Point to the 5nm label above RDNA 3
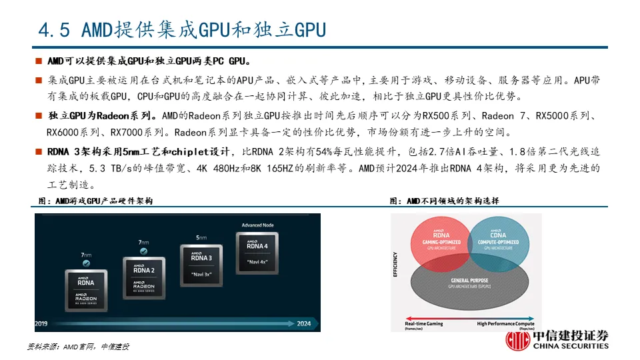pyautogui.click(x=201, y=237)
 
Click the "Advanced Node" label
pyautogui.click(x=257, y=225)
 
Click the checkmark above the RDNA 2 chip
pyautogui.click(x=143, y=251)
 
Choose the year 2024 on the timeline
pyautogui.click(x=304, y=324)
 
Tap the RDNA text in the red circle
pyautogui.click(x=441, y=234)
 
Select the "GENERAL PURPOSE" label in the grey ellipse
pyautogui.click(x=469, y=281)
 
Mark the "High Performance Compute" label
pyautogui.click(x=507, y=323)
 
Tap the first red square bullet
pyautogui.click(x=39, y=61)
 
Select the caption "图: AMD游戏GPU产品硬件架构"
pyautogui.click(x=96, y=201)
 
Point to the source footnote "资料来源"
pyautogui.click(x=43, y=347)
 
